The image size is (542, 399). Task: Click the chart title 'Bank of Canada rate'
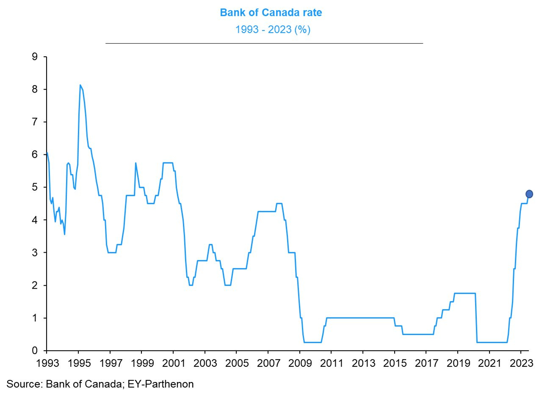coord(271,13)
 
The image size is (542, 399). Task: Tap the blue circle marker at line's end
coord(529,194)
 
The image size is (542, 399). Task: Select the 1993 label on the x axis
coord(47,363)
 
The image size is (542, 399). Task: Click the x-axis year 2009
coord(300,363)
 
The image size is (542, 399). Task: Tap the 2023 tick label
coord(521,363)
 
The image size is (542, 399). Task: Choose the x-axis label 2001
coord(173,363)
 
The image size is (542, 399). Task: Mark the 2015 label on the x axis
coord(395,363)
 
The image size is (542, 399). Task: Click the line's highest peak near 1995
coord(80,85)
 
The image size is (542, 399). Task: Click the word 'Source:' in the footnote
coord(24,384)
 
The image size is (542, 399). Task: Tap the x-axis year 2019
coord(458,363)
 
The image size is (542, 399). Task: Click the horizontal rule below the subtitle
coord(264,43)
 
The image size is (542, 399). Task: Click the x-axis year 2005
coord(236,363)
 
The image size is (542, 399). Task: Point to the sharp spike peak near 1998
coord(135,163)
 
